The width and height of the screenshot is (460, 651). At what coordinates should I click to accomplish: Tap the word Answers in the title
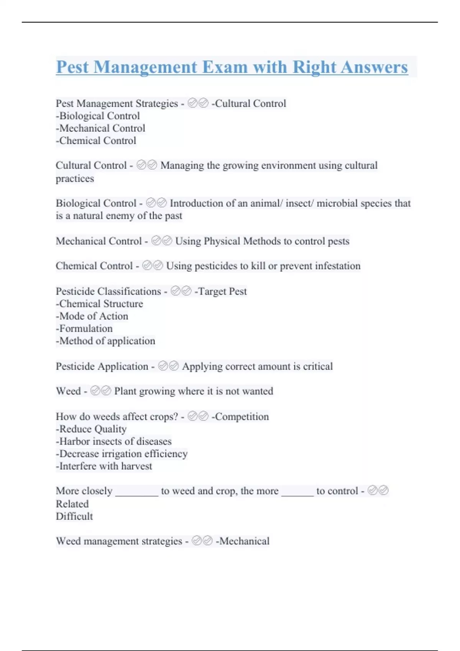(374, 67)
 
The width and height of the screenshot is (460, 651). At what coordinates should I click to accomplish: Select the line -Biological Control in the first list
(98, 116)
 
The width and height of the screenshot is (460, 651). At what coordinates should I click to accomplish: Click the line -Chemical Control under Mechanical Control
(96, 141)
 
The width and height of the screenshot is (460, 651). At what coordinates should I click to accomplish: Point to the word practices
(75, 178)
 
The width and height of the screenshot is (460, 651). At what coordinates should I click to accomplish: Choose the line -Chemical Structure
(99, 304)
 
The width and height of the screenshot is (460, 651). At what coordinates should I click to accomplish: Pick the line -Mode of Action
(92, 316)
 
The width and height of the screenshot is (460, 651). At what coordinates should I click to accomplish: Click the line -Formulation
(84, 329)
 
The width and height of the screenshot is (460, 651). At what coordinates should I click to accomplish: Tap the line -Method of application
(105, 341)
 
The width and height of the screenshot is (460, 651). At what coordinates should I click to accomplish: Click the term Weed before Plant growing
(68, 391)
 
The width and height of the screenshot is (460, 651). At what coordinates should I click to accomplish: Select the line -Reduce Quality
(91, 429)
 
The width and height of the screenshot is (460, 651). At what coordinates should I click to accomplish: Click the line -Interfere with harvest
(104, 466)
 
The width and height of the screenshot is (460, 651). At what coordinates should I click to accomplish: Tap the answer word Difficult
(74, 516)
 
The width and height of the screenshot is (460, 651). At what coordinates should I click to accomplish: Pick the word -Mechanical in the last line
(243, 541)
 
